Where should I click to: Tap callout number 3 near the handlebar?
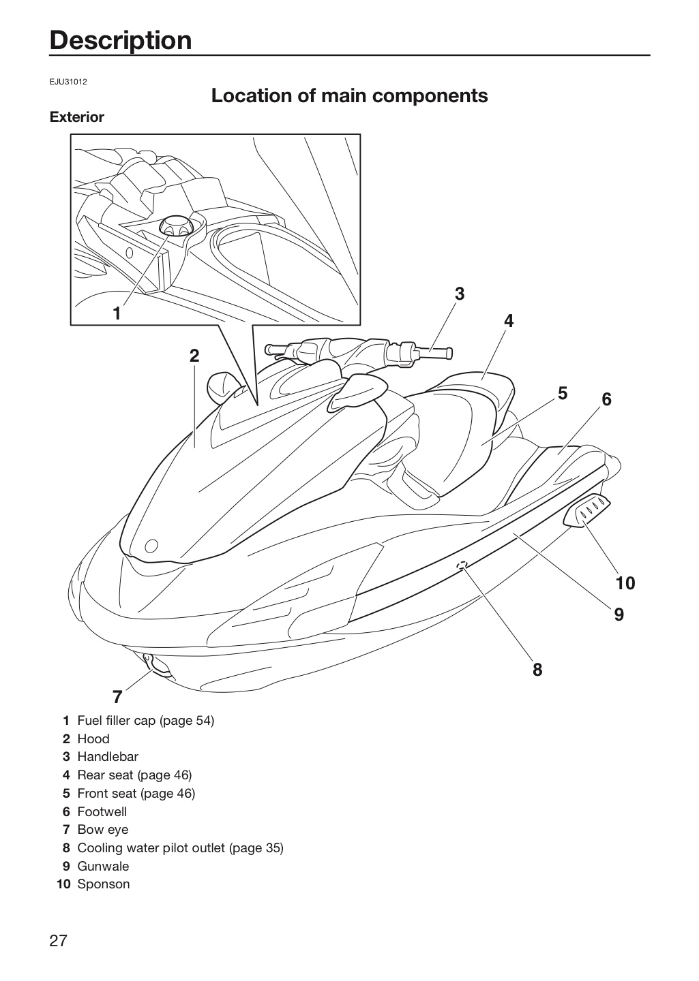pos(459,294)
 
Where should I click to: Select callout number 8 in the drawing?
pos(537,670)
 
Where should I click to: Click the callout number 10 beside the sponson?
pos(625,583)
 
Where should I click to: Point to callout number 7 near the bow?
pos(117,697)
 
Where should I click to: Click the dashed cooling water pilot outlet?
pos(462,564)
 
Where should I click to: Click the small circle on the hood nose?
pos(151,546)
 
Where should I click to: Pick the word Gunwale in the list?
pos(103,866)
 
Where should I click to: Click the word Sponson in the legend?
pos(104,884)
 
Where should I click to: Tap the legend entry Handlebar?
pos(108,756)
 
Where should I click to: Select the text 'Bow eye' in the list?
pos(103,830)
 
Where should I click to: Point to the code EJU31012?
pos(68,82)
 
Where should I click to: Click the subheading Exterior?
pos(77,117)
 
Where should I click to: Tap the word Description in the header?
pos(121,41)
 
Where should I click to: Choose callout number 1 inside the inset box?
pos(117,313)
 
